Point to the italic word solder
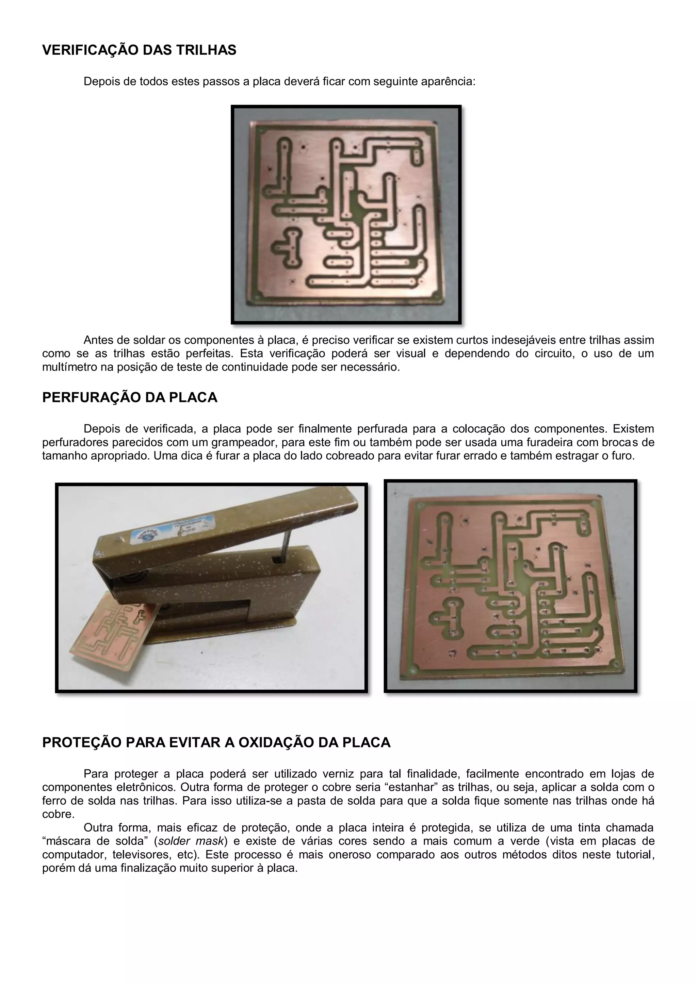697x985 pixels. click(174, 841)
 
